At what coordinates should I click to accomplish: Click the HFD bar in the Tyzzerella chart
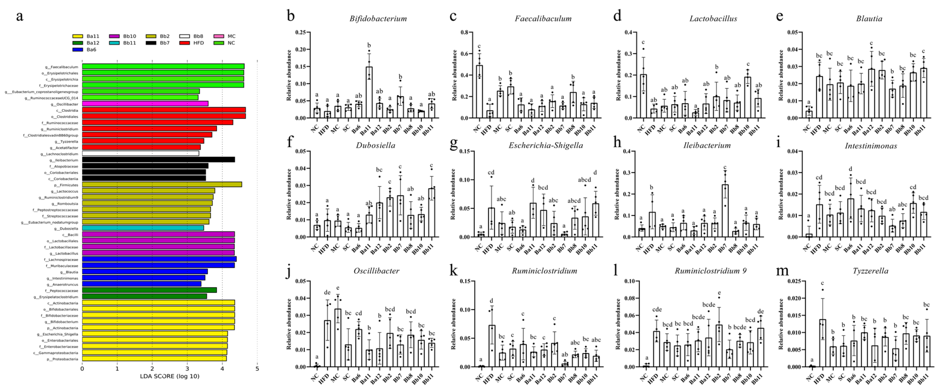pos(822,344)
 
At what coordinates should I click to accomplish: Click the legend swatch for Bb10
pos(114,36)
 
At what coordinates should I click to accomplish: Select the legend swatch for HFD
pos(184,43)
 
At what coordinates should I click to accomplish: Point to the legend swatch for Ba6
pos(77,49)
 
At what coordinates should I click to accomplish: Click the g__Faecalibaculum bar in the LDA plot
pos(163,66)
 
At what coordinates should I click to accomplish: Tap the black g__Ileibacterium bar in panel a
pos(158,160)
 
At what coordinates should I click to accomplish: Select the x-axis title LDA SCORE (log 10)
pos(170,376)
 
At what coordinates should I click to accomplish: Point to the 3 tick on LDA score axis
pos(187,368)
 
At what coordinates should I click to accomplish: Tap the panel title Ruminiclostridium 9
pos(710,271)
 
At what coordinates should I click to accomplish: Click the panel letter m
pos(782,271)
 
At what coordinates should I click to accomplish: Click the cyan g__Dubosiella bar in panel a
pos(143,228)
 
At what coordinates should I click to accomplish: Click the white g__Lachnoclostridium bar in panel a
pos(140,153)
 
